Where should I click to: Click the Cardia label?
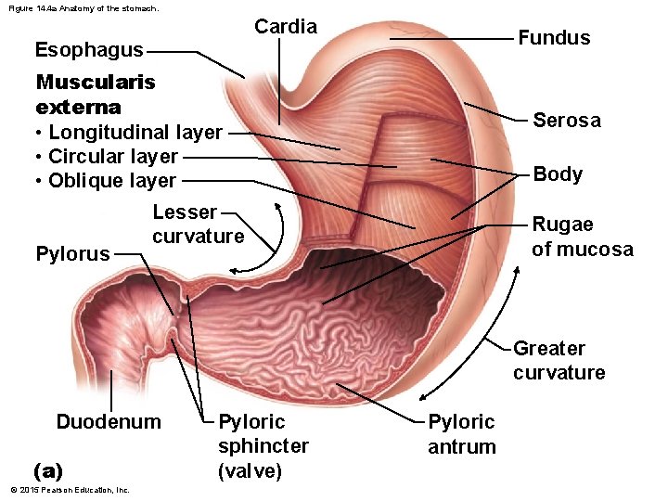coord(286,26)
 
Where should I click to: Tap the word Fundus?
coord(554,38)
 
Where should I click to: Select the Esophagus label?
coord(89,49)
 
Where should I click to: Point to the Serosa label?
coord(566,121)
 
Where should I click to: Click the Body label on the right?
coord(558,174)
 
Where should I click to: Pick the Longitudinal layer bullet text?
coord(135,133)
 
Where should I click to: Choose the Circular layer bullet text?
coord(112,157)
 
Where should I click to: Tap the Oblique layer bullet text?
coord(111,181)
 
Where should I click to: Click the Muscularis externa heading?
coord(95,94)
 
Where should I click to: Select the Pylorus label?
coord(72,254)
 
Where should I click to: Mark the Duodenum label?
coord(109,423)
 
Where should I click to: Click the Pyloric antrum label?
coord(462,434)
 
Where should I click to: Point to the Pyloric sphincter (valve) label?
coord(263,446)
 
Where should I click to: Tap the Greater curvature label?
coord(559,361)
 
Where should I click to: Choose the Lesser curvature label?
coord(198,225)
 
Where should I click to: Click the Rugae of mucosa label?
coord(582,237)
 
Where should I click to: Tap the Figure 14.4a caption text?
coord(83,8)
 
